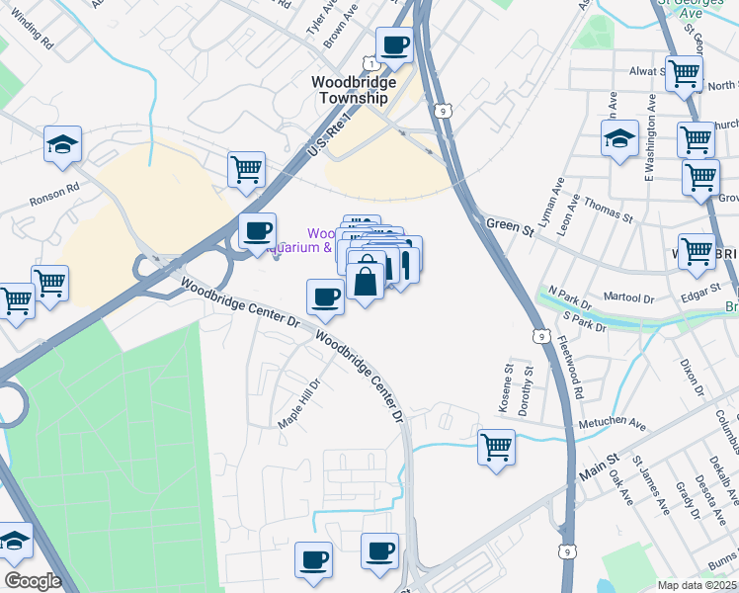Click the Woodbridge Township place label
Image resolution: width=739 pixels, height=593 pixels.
click(353, 90)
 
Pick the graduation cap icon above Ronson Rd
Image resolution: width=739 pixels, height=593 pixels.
click(62, 144)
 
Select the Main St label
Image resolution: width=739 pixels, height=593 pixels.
click(598, 466)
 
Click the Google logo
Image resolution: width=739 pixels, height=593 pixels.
click(32, 581)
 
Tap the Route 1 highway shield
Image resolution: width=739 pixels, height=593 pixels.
click(369, 62)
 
